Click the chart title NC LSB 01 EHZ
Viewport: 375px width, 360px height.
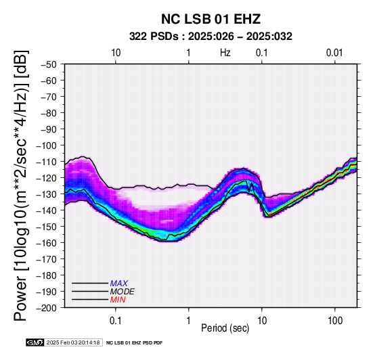(211, 19)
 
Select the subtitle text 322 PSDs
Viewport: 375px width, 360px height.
(154, 37)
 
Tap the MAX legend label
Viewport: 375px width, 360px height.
(119, 284)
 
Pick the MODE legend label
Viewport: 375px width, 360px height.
(123, 292)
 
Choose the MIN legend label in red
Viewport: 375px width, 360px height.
(118, 300)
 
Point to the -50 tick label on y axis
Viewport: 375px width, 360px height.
(49, 64)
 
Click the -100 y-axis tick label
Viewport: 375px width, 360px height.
(47, 145)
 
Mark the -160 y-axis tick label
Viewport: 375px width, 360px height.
(47, 243)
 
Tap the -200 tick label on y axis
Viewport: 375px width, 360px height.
(47, 308)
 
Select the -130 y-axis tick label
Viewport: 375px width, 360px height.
(47, 194)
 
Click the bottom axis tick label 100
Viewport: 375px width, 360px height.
(335, 321)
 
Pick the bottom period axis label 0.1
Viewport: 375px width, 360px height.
(116, 321)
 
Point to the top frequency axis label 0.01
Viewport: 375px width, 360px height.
(334, 53)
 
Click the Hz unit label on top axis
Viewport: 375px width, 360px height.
(225, 53)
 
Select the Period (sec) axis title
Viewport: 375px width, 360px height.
(225, 328)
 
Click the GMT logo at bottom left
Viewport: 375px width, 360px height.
(35, 342)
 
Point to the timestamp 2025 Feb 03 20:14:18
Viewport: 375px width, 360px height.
(73, 342)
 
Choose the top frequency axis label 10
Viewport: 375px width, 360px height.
(116, 53)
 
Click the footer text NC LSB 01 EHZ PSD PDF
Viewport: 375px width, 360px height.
(135, 343)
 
